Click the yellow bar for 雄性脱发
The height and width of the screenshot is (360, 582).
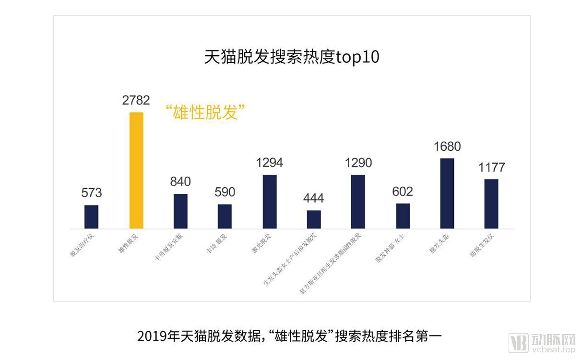[136, 170]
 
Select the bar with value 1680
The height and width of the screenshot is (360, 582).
[447, 193]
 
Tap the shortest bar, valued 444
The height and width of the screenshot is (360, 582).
[314, 219]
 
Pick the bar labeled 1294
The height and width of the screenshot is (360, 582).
[270, 202]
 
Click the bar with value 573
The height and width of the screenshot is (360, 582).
[91, 217]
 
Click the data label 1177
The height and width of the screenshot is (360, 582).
[491, 168]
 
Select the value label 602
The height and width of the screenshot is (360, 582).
[402, 192]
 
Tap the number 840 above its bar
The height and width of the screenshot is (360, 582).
[180, 181]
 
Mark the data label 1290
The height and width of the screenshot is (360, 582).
[358, 163]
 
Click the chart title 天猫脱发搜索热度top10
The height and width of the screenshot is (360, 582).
[292, 57]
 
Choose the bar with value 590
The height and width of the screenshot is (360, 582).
[225, 216]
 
